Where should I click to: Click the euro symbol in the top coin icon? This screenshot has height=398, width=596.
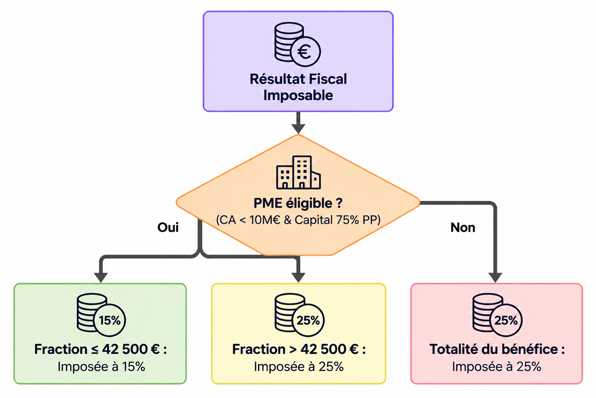304,52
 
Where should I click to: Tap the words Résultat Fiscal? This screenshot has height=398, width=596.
298,79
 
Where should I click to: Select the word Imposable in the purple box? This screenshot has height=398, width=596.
298,96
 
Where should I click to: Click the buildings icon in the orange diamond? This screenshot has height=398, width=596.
298,173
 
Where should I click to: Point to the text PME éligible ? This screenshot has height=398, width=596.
298,203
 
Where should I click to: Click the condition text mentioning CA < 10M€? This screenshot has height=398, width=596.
298,220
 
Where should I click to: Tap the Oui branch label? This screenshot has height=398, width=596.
168,227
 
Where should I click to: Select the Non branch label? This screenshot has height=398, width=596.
463,227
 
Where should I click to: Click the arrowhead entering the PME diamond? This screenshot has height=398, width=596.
298,129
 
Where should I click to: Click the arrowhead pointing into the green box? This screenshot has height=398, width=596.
101,278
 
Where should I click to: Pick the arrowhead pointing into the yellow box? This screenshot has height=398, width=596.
298,278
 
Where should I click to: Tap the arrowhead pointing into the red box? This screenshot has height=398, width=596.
495,278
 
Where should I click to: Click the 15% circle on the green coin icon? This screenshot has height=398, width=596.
109,320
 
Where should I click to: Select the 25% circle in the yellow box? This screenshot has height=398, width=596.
308,320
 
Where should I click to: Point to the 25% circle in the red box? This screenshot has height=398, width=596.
506,320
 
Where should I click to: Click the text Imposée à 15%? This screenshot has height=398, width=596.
101,367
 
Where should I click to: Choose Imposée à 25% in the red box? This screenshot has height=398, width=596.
497,367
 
